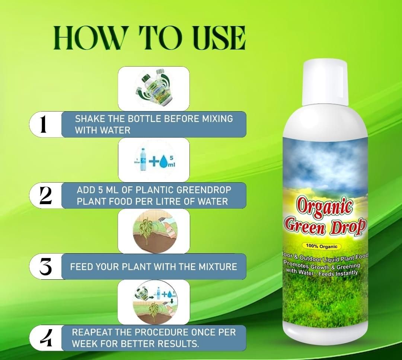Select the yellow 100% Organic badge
point(322,246)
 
